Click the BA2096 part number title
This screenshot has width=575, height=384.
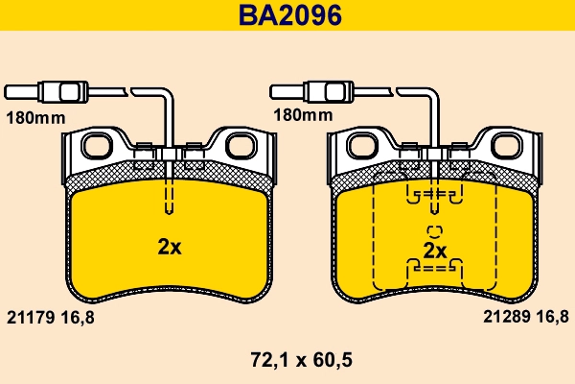click(287, 15)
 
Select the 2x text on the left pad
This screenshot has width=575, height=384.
click(169, 247)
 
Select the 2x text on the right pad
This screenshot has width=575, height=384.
click(435, 251)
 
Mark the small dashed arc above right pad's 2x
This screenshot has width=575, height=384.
click(434, 230)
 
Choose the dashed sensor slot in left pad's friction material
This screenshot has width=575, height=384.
click(169, 197)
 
